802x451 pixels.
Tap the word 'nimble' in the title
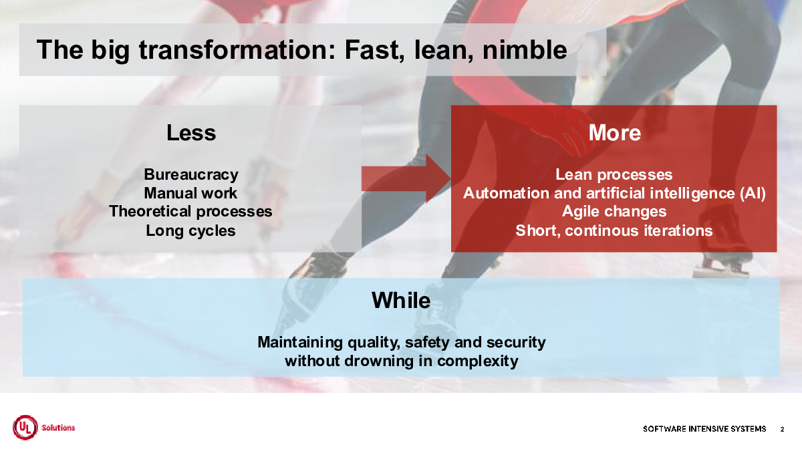[525, 49]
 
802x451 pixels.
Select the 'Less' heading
[191, 133]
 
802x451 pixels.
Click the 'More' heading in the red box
[614, 133]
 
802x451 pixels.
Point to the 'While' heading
[401, 300]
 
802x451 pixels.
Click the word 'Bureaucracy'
[191, 174]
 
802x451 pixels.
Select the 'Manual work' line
[190, 193]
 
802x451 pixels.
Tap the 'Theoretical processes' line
[190, 212]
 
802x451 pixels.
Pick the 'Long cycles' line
[190, 231]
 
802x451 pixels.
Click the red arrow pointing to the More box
[406, 178]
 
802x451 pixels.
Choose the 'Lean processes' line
[614, 174]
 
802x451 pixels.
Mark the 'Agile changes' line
[614, 212]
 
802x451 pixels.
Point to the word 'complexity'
[478, 361]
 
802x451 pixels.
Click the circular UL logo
[25, 428]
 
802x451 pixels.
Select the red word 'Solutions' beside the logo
[58, 428]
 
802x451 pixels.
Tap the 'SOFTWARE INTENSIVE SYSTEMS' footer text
[704, 429]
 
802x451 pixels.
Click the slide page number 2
[783, 429]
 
